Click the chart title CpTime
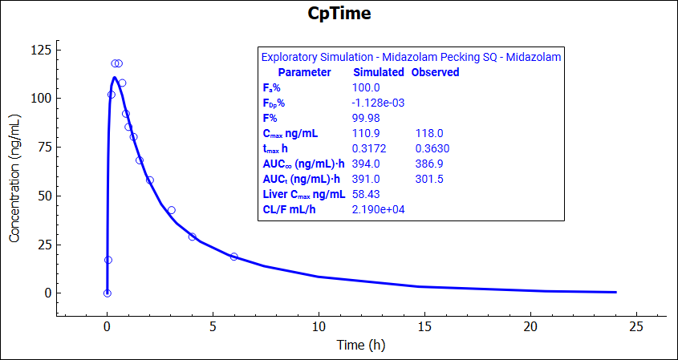(339, 14)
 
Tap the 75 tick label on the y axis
(43, 148)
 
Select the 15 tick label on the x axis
(424, 326)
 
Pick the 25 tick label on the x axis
(636, 326)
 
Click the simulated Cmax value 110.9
(367, 133)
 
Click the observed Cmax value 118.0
(429, 133)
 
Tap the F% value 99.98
(367, 118)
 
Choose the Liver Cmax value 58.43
(367, 194)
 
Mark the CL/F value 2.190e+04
(381, 209)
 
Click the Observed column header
(435, 72)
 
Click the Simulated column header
(379, 72)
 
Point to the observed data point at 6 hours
(234, 257)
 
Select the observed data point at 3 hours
(171, 210)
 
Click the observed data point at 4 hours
(192, 237)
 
